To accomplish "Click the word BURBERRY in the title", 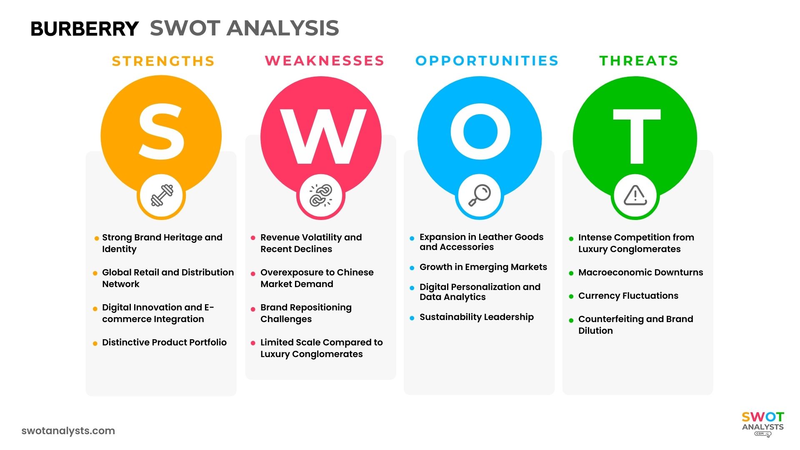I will tap(85, 29).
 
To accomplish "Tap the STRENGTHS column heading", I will tap(163, 61).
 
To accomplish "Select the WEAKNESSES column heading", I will tap(325, 61).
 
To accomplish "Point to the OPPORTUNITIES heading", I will tap(487, 61).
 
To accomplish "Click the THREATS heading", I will tap(639, 61).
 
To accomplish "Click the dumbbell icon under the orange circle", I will tap(162, 195).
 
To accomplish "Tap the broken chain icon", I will tap(321, 195).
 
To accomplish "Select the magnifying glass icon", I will tap(480, 195).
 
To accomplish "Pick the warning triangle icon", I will tap(635, 195).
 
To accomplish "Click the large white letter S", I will tap(161, 131).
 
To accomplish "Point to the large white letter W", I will tap(322, 136).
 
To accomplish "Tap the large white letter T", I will tap(636, 135).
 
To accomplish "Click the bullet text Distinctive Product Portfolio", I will tap(164, 342).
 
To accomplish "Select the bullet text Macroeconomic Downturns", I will tap(640, 272).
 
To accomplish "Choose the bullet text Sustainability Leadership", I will tap(476, 317).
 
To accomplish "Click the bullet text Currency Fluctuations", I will tap(628, 296).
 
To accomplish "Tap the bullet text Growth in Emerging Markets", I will tap(483, 267).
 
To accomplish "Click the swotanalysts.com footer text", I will tap(68, 431).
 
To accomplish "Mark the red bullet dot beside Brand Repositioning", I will tap(253, 309).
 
